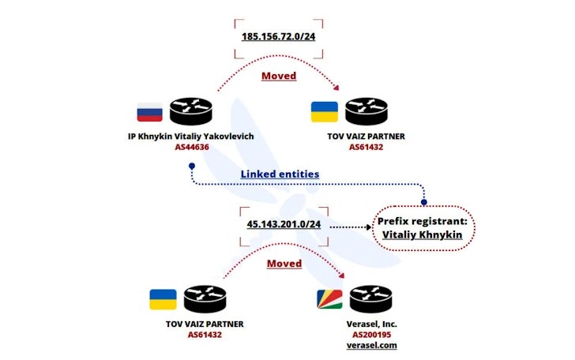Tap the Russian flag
tap(149, 111)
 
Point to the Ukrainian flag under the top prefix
tap(325, 111)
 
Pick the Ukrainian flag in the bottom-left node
tap(163, 299)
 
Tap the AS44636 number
tap(191, 147)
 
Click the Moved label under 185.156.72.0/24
tap(279, 76)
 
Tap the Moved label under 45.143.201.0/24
tap(284, 263)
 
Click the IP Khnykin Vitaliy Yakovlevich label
tap(191, 136)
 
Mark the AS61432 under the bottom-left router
tap(204, 334)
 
